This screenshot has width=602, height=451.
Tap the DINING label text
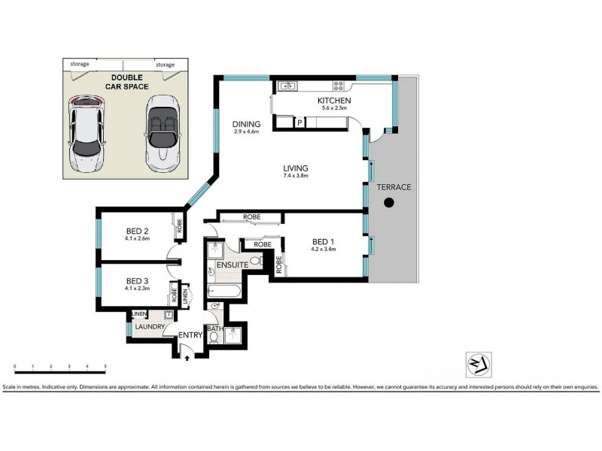247,125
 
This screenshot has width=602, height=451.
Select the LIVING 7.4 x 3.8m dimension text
296,176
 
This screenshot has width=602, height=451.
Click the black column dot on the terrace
388,202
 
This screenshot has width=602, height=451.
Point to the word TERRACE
395,187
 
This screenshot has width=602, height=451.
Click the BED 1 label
324,242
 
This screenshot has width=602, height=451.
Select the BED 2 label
138,232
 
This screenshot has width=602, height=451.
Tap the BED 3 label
138,279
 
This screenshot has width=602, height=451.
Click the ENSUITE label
229,265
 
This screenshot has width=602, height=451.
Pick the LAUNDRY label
150,327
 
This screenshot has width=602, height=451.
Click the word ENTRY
190,335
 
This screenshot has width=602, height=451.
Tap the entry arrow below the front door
187,359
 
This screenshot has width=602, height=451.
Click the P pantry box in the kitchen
299,123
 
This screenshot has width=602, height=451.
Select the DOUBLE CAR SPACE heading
126,83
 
